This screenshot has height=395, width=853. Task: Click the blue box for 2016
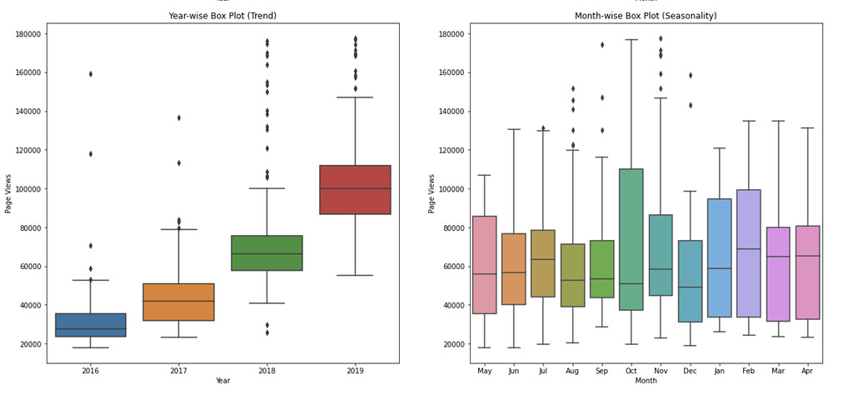(x=91, y=325)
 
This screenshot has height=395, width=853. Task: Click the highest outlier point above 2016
(x=91, y=74)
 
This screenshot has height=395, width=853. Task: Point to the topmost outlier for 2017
(x=179, y=117)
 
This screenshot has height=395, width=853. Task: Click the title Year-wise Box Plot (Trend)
(x=222, y=16)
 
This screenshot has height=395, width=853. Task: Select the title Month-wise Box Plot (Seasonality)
(x=646, y=16)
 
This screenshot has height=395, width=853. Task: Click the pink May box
(x=485, y=265)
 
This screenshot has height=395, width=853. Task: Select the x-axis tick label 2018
(x=267, y=371)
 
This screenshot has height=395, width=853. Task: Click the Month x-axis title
(x=646, y=381)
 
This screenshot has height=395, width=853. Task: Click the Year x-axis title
(x=222, y=381)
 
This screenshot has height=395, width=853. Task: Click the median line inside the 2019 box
(x=355, y=189)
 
